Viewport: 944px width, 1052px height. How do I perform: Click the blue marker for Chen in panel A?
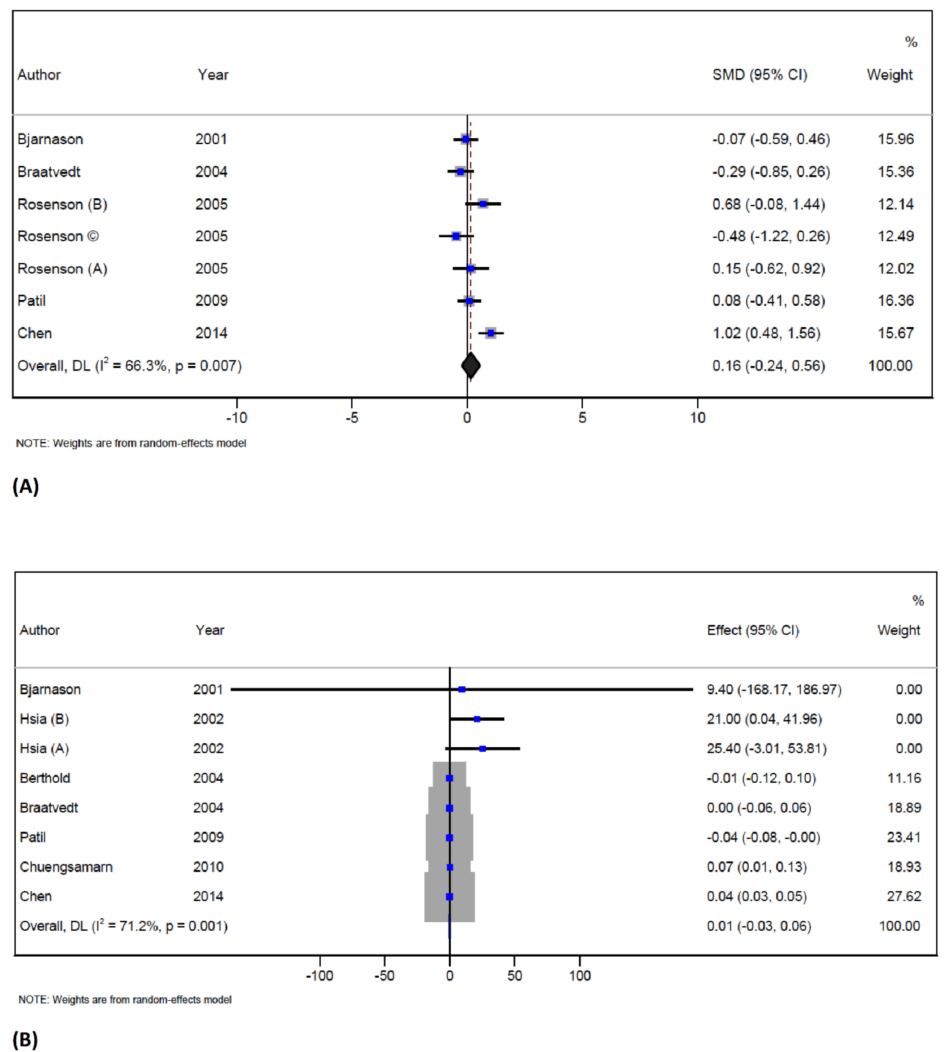coord(491,333)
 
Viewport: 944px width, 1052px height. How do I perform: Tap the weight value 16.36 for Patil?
coord(895,301)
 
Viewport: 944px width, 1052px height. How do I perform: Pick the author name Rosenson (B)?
coord(62,204)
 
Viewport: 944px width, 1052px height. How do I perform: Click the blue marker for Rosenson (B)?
coord(483,204)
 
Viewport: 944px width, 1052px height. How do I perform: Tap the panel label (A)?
coord(26,486)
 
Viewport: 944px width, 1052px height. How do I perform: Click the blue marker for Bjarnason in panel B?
coord(462,689)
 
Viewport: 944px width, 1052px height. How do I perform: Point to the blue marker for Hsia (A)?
coord(482,748)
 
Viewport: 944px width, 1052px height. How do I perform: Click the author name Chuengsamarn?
coord(66,867)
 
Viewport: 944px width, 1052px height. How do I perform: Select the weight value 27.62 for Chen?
coord(903,896)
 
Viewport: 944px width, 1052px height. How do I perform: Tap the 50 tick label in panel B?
coord(515,976)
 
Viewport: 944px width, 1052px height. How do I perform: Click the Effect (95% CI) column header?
coord(753,630)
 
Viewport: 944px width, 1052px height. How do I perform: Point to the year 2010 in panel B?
coord(208,867)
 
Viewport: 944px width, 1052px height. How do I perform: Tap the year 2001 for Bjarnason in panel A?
coord(211,139)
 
